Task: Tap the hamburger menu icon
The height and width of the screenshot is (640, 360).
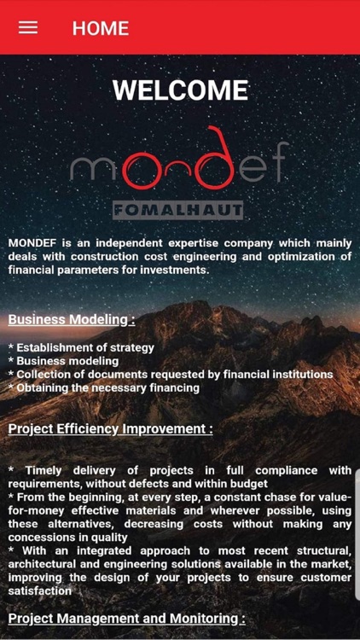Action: (28, 27)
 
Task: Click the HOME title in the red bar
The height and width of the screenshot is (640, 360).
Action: (100, 28)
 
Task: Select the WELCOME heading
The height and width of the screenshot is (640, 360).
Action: (180, 90)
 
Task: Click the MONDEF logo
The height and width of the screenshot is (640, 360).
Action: (179, 164)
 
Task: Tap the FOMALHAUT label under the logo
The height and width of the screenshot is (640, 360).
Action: (179, 210)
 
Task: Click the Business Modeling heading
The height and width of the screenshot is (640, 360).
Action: (72, 320)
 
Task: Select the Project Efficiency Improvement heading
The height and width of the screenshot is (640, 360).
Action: (111, 428)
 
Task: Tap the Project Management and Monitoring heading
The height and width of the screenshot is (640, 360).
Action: (126, 618)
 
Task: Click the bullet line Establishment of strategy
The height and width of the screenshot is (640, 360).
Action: (81, 347)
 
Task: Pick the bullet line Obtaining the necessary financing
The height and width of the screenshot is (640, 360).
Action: (103, 387)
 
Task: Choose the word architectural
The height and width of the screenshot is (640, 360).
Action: (49, 564)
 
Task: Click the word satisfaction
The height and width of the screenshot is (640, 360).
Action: (40, 591)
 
